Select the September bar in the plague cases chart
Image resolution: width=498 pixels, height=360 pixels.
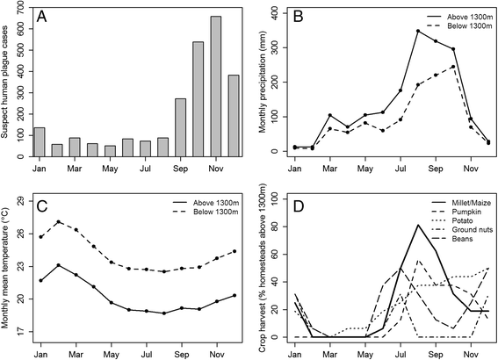[x=180, y=127]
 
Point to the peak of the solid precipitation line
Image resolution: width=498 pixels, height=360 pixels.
[x=369, y=32]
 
